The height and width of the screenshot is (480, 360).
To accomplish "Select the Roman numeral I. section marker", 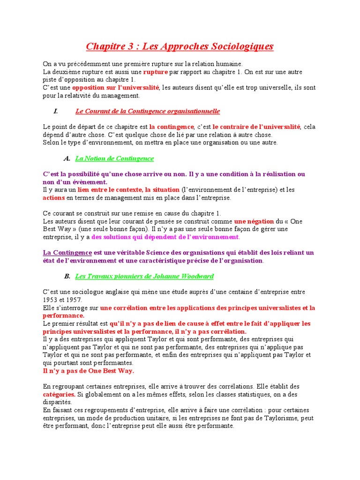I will click(55, 111).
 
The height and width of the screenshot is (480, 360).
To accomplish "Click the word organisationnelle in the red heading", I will click(191, 111).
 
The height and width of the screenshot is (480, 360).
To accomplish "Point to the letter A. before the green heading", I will click(67, 158).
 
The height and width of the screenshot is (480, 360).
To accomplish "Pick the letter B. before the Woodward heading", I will click(67, 276).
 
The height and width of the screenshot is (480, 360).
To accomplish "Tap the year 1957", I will click(74, 300).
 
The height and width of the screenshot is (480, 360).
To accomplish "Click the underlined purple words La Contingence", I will click(67, 253).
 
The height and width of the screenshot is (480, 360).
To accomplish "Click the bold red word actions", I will click(53, 198).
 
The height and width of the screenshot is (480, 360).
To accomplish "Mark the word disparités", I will click(57, 402).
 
